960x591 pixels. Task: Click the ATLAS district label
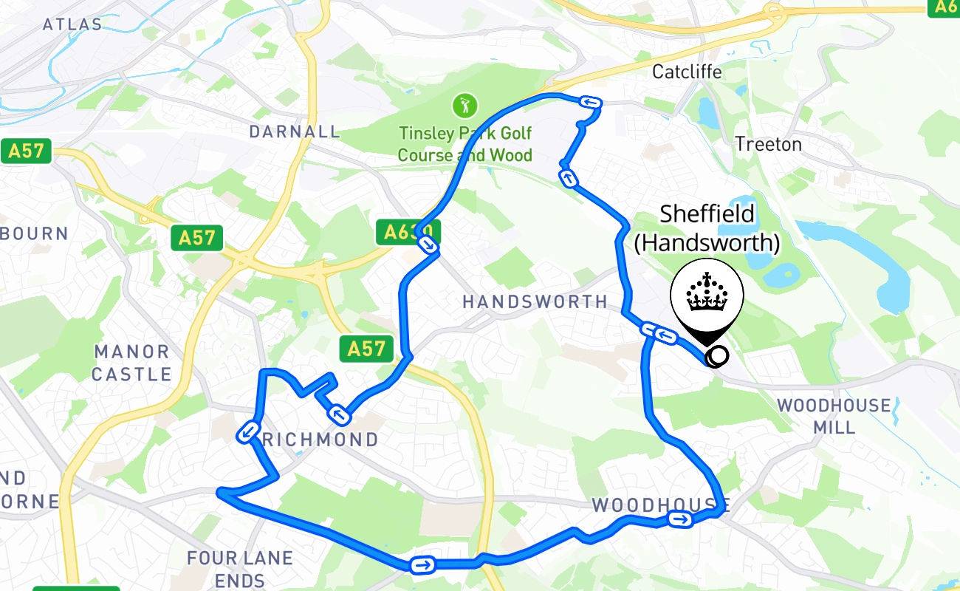pos(72,24)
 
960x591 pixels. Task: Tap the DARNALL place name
pos(295,131)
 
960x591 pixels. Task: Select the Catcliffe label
pos(687,72)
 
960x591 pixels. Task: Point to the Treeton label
pos(768,144)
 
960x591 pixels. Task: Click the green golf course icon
pos(464,106)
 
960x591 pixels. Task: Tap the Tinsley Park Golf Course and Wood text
pos(464,145)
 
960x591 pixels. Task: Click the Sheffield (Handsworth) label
pos(707,228)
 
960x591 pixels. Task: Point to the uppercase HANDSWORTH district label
pos(535,301)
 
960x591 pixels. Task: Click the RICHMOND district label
pos(320,440)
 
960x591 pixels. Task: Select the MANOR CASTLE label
pos(131,363)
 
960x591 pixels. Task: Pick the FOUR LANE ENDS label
pos(240,568)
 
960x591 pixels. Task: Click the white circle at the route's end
pos(716,356)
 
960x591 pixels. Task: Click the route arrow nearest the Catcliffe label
pos(590,103)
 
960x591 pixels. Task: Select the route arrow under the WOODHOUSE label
pos(680,520)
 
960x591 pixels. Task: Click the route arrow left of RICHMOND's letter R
pos(248,431)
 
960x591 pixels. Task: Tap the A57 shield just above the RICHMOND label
pos(366,348)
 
